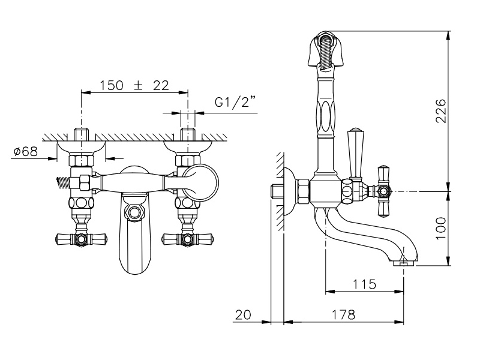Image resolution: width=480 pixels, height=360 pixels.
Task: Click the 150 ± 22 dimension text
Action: point(134,85)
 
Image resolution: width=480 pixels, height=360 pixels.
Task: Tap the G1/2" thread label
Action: point(235,102)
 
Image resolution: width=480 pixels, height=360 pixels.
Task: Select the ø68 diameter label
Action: point(26,151)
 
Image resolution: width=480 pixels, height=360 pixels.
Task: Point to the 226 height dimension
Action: point(441,110)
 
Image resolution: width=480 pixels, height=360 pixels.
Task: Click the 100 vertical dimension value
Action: point(441,228)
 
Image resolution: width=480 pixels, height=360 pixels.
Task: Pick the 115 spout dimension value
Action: point(364,284)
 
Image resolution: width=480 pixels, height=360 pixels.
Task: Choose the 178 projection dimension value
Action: point(343,314)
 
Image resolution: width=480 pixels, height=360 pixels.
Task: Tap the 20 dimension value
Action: point(243,314)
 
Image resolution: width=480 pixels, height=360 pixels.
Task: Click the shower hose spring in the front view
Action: point(63,183)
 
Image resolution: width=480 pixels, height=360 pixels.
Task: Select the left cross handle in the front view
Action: point(82,238)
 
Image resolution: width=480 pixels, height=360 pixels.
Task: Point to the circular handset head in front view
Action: point(200,183)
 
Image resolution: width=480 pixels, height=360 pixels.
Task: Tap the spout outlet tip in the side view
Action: point(403,262)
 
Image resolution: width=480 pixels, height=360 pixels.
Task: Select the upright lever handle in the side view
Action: point(355,153)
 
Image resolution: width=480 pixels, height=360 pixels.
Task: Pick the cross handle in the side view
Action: point(383,191)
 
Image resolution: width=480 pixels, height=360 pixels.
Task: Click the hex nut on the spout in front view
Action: point(134,212)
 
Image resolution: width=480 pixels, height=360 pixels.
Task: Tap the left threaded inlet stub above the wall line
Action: point(81,133)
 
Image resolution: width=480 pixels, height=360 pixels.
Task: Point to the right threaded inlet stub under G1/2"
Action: point(188,133)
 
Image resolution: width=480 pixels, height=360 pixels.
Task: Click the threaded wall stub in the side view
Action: point(277,191)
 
